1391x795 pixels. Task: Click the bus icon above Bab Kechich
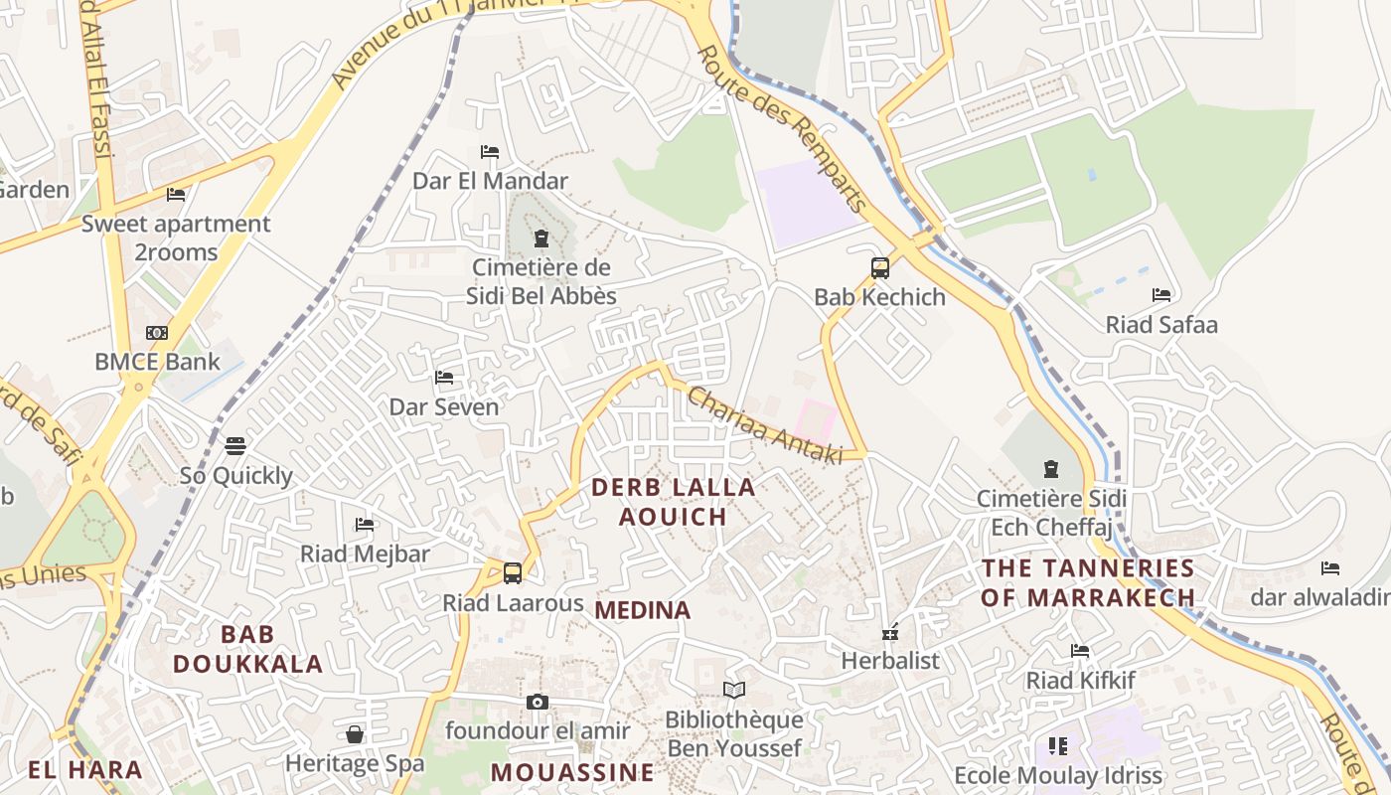point(880,267)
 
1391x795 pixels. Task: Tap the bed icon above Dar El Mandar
point(490,152)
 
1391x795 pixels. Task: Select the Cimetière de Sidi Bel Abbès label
point(541,281)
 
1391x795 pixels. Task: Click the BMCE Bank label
point(157,361)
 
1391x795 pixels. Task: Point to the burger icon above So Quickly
point(235,446)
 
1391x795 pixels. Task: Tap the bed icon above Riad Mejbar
point(365,524)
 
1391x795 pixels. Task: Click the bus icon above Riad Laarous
point(513,573)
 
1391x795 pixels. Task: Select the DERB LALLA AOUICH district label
point(674,502)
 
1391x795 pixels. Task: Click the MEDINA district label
point(643,610)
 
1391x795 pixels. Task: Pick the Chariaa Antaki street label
point(764,424)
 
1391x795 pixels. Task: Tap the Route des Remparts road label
point(784,127)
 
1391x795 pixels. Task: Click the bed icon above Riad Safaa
point(1161,295)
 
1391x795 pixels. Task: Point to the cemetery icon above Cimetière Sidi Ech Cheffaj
point(1051,469)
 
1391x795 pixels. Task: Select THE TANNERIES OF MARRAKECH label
point(1088,582)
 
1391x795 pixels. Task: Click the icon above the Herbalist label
point(890,631)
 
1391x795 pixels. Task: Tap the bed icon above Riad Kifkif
point(1080,651)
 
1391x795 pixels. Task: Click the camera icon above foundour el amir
point(538,703)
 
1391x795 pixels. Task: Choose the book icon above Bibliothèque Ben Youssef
point(734,691)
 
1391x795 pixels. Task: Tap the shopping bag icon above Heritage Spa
point(355,734)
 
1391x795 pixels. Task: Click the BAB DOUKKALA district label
point(248,649)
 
